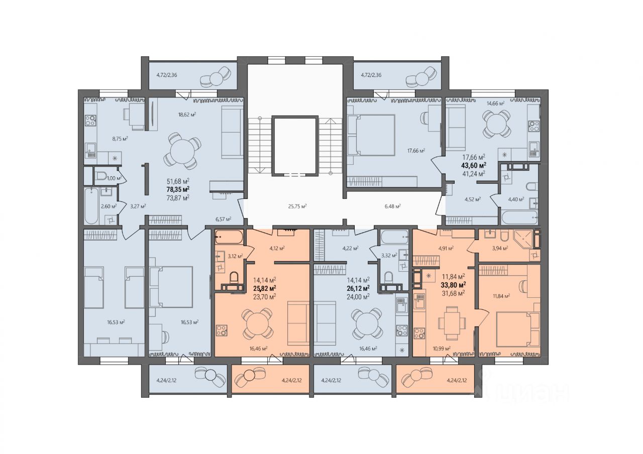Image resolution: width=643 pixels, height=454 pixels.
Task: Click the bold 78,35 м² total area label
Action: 178,189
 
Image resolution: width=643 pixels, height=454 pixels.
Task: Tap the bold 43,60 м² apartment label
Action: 474,165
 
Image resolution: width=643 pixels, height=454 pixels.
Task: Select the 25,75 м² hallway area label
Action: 297,206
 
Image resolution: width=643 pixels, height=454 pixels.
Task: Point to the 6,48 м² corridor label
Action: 392,206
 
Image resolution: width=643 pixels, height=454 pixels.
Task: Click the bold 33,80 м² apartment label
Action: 453,285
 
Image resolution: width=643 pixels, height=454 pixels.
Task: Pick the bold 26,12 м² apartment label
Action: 358,288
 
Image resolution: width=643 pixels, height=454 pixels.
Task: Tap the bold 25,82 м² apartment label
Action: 264,288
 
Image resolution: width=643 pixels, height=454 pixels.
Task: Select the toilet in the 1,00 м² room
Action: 100,176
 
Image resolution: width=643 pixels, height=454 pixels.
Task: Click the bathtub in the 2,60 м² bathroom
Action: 91,206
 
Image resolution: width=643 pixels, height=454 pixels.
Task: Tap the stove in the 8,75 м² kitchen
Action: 90,120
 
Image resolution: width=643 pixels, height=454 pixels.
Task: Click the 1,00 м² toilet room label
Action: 114,178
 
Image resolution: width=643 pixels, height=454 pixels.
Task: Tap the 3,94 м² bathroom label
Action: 499,248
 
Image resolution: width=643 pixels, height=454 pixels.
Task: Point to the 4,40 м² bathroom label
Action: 516,199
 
